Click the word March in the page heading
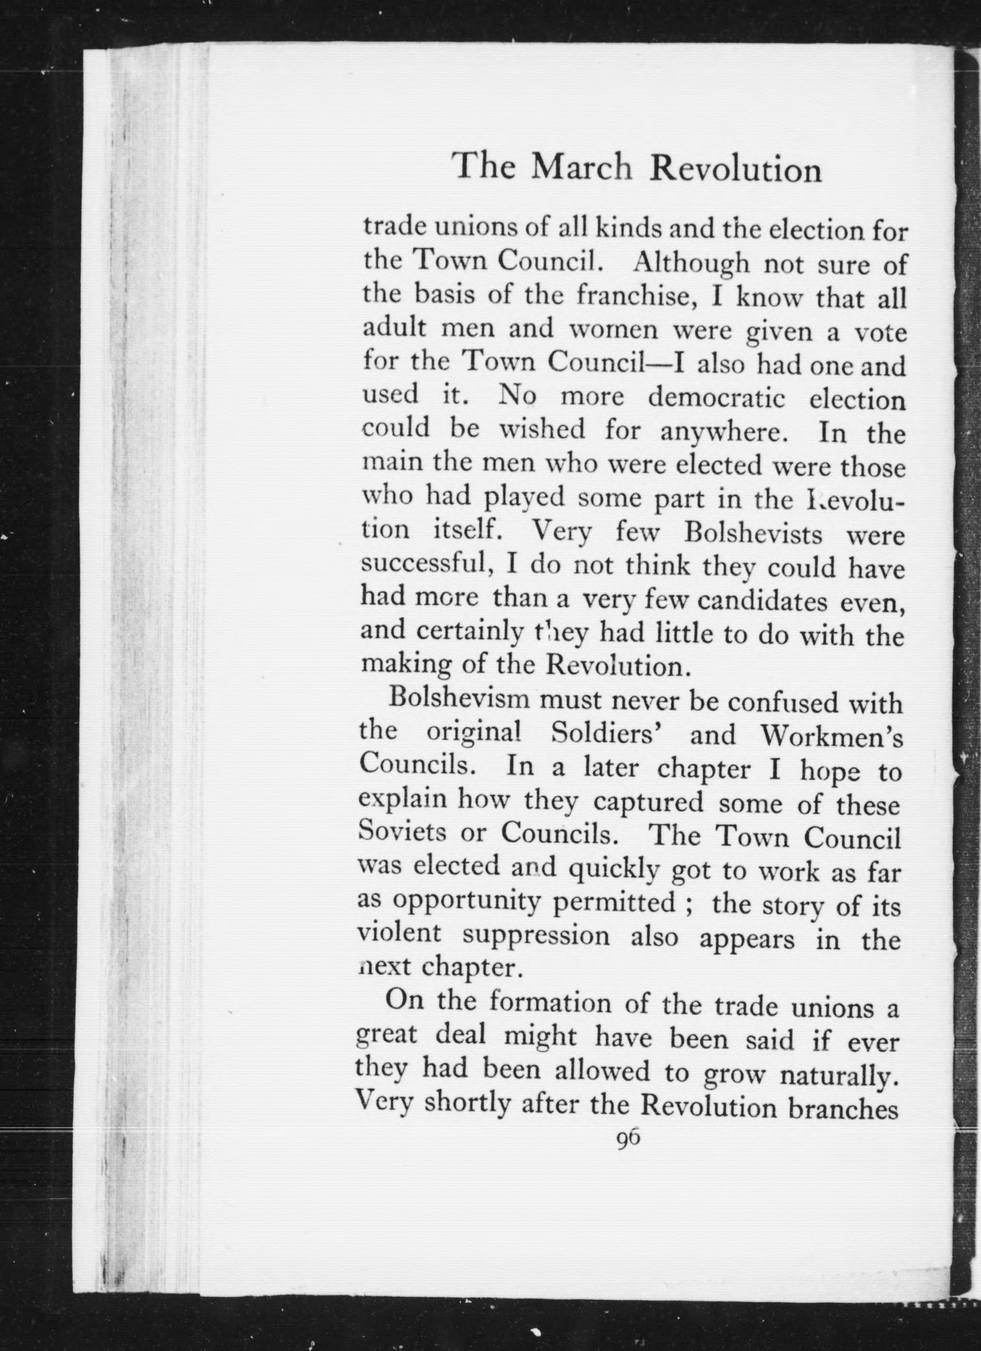click(581, 168)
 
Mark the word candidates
click(762, 602)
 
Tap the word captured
click(649, 803)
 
